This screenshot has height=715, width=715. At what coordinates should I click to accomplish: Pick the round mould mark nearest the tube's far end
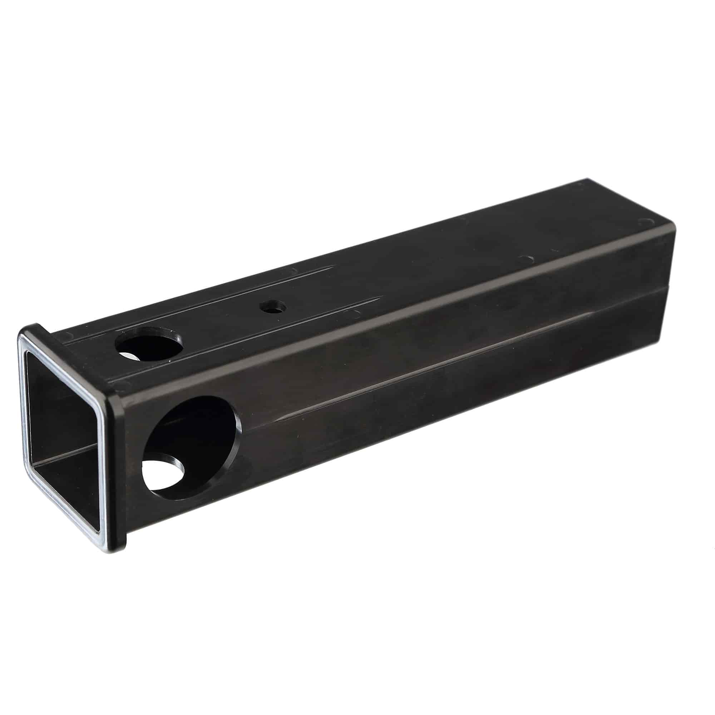[646, 222]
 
